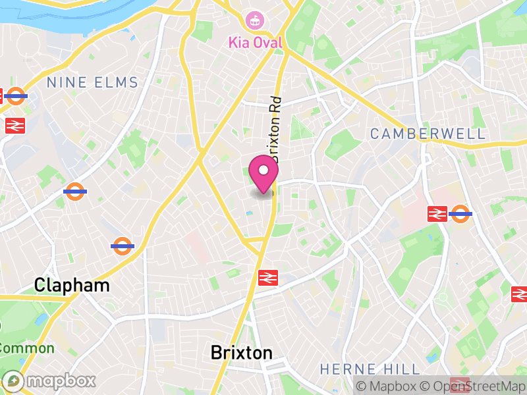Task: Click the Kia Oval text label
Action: (x=255, y=43)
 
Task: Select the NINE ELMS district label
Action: (x=92, y=82)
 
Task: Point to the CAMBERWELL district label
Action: (x=428, y=134)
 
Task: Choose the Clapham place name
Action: (x=72, y=285)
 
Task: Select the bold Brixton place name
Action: (x=241, y=353)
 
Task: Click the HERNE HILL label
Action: (x=370, y=369)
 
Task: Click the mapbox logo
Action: (x=49, y=381)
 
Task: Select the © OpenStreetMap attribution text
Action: (x=475, y=386)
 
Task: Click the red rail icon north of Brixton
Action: (x=267, y=278)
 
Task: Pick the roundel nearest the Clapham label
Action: (x=123, y=246)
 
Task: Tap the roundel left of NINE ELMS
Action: (x=15, y=96)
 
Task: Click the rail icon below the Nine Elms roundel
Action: (x=14, y=125)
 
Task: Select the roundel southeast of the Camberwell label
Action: (x=460, y=213)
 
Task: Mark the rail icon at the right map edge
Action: (x=519, y=294)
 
